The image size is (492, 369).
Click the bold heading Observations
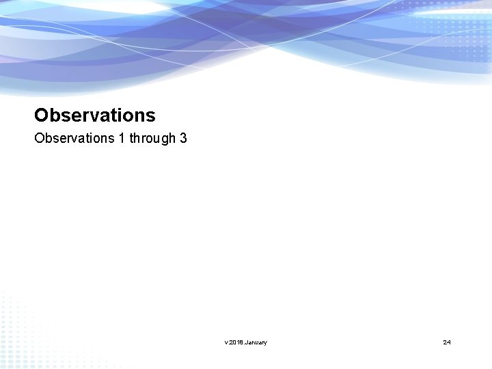coord(95,115)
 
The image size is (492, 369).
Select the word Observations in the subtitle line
coord(74,138)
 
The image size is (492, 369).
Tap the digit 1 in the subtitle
coord(122,138)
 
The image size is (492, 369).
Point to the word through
coord(152,139)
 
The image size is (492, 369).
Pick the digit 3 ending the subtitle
coord(183,138)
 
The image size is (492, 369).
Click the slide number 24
coord(447,342)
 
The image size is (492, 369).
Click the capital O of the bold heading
coord(41,115)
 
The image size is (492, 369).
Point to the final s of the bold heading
coord(150,115)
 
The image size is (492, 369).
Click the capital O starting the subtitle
coord(39,138)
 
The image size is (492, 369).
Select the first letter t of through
coord(132,138)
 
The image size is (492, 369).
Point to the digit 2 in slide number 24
coord(445,342)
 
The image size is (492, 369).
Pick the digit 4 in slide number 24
coord(449,342)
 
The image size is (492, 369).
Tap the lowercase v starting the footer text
coord(225,342)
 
